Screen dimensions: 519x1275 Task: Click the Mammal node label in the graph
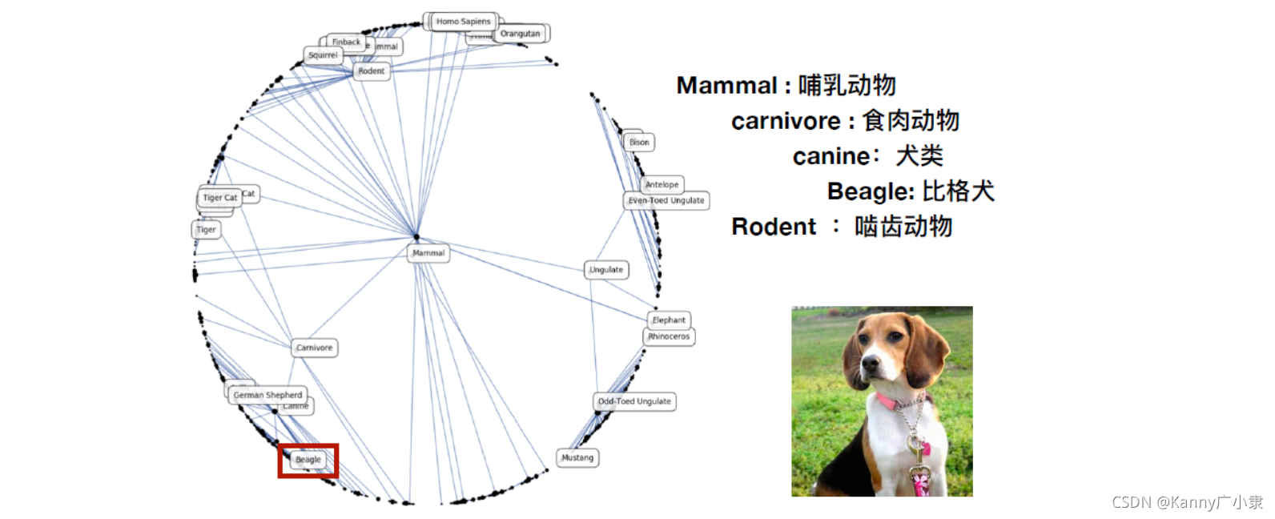[428, 253]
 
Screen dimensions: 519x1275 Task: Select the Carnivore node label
[314, 348]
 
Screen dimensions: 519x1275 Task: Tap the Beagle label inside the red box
[308, 460]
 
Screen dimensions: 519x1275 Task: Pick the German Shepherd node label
[267, 395]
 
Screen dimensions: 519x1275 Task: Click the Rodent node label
[371, 71]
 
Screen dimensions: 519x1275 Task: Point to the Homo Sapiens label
[463, 22]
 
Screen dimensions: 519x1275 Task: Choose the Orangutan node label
[520, 34]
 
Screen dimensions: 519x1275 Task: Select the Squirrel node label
[323, 55]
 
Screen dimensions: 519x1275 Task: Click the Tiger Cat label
[219, 197]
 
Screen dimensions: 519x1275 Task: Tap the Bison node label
[639, 143]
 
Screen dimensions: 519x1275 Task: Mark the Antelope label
[662, 184]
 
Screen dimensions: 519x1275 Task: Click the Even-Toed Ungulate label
[666, 200]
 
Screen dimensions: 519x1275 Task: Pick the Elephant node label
[669, 320]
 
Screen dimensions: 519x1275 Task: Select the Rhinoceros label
[669, 336]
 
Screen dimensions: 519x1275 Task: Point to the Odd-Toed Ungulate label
[634, 401]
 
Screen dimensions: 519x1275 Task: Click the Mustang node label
[577, 458]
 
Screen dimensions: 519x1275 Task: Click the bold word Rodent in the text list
[774, 227]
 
